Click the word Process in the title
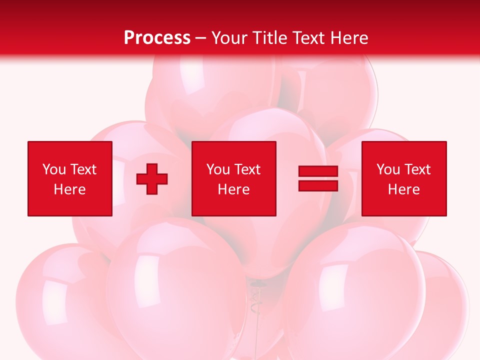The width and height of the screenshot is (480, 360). tap(157, 38)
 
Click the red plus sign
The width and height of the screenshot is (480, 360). tap(152, 179)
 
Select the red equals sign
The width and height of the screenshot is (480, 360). tap(318, 179)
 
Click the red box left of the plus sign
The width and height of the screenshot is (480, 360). tap(70, 178)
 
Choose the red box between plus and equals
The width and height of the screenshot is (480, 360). tap(234, 178)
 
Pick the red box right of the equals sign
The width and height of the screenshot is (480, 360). tap(404, 178)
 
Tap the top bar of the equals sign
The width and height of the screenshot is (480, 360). tap(318, 171)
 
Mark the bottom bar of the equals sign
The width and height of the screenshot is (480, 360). tap(318, 186)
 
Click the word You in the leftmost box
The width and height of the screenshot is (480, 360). tap(54, 169)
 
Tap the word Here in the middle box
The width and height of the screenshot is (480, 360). tap(234, 189)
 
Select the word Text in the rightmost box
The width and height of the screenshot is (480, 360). tap(417, 169)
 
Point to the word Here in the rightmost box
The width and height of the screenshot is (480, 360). tap(404, 189)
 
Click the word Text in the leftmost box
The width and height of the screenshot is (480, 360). tap(83, 169)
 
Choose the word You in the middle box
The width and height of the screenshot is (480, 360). tap(218, 169)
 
